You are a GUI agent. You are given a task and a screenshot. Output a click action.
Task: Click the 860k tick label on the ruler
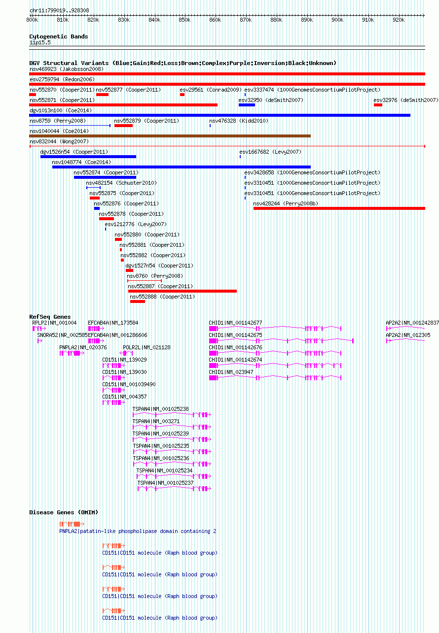(215, 20)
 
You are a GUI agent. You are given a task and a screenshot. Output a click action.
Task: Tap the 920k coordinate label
(399, 20)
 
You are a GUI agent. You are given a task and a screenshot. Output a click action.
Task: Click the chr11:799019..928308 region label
(60, 10)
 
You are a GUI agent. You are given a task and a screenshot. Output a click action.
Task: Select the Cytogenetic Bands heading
(59, 36)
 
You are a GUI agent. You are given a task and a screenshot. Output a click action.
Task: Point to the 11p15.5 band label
(40, 43)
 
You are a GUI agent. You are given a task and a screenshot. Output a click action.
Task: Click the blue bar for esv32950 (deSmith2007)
(247, 105)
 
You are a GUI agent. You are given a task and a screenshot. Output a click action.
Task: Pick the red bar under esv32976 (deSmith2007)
(378, 105)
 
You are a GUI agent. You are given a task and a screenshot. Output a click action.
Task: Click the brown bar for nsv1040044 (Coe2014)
(170, 136)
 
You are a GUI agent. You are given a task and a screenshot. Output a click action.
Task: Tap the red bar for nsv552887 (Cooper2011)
(183, 291)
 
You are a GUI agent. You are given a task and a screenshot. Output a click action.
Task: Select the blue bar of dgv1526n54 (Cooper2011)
(88, 157)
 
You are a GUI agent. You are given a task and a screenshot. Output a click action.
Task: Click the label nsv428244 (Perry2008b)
(286, 203)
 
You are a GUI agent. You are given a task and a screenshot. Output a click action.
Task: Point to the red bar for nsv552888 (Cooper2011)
(138, 301)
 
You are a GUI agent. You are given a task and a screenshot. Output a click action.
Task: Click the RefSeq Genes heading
(50, 317)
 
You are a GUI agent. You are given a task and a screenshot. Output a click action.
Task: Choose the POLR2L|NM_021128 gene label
(146, 347)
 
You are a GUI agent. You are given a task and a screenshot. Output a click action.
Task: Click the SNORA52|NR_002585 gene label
(62, 335)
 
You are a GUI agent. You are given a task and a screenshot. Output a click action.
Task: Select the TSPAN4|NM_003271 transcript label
(156, 421)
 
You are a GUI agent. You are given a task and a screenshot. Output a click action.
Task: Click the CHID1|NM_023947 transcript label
(231, 372)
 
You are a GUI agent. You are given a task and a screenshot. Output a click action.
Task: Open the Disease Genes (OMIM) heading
(64, 512)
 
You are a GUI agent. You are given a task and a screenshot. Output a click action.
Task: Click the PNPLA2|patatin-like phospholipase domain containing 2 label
(138, 531)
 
